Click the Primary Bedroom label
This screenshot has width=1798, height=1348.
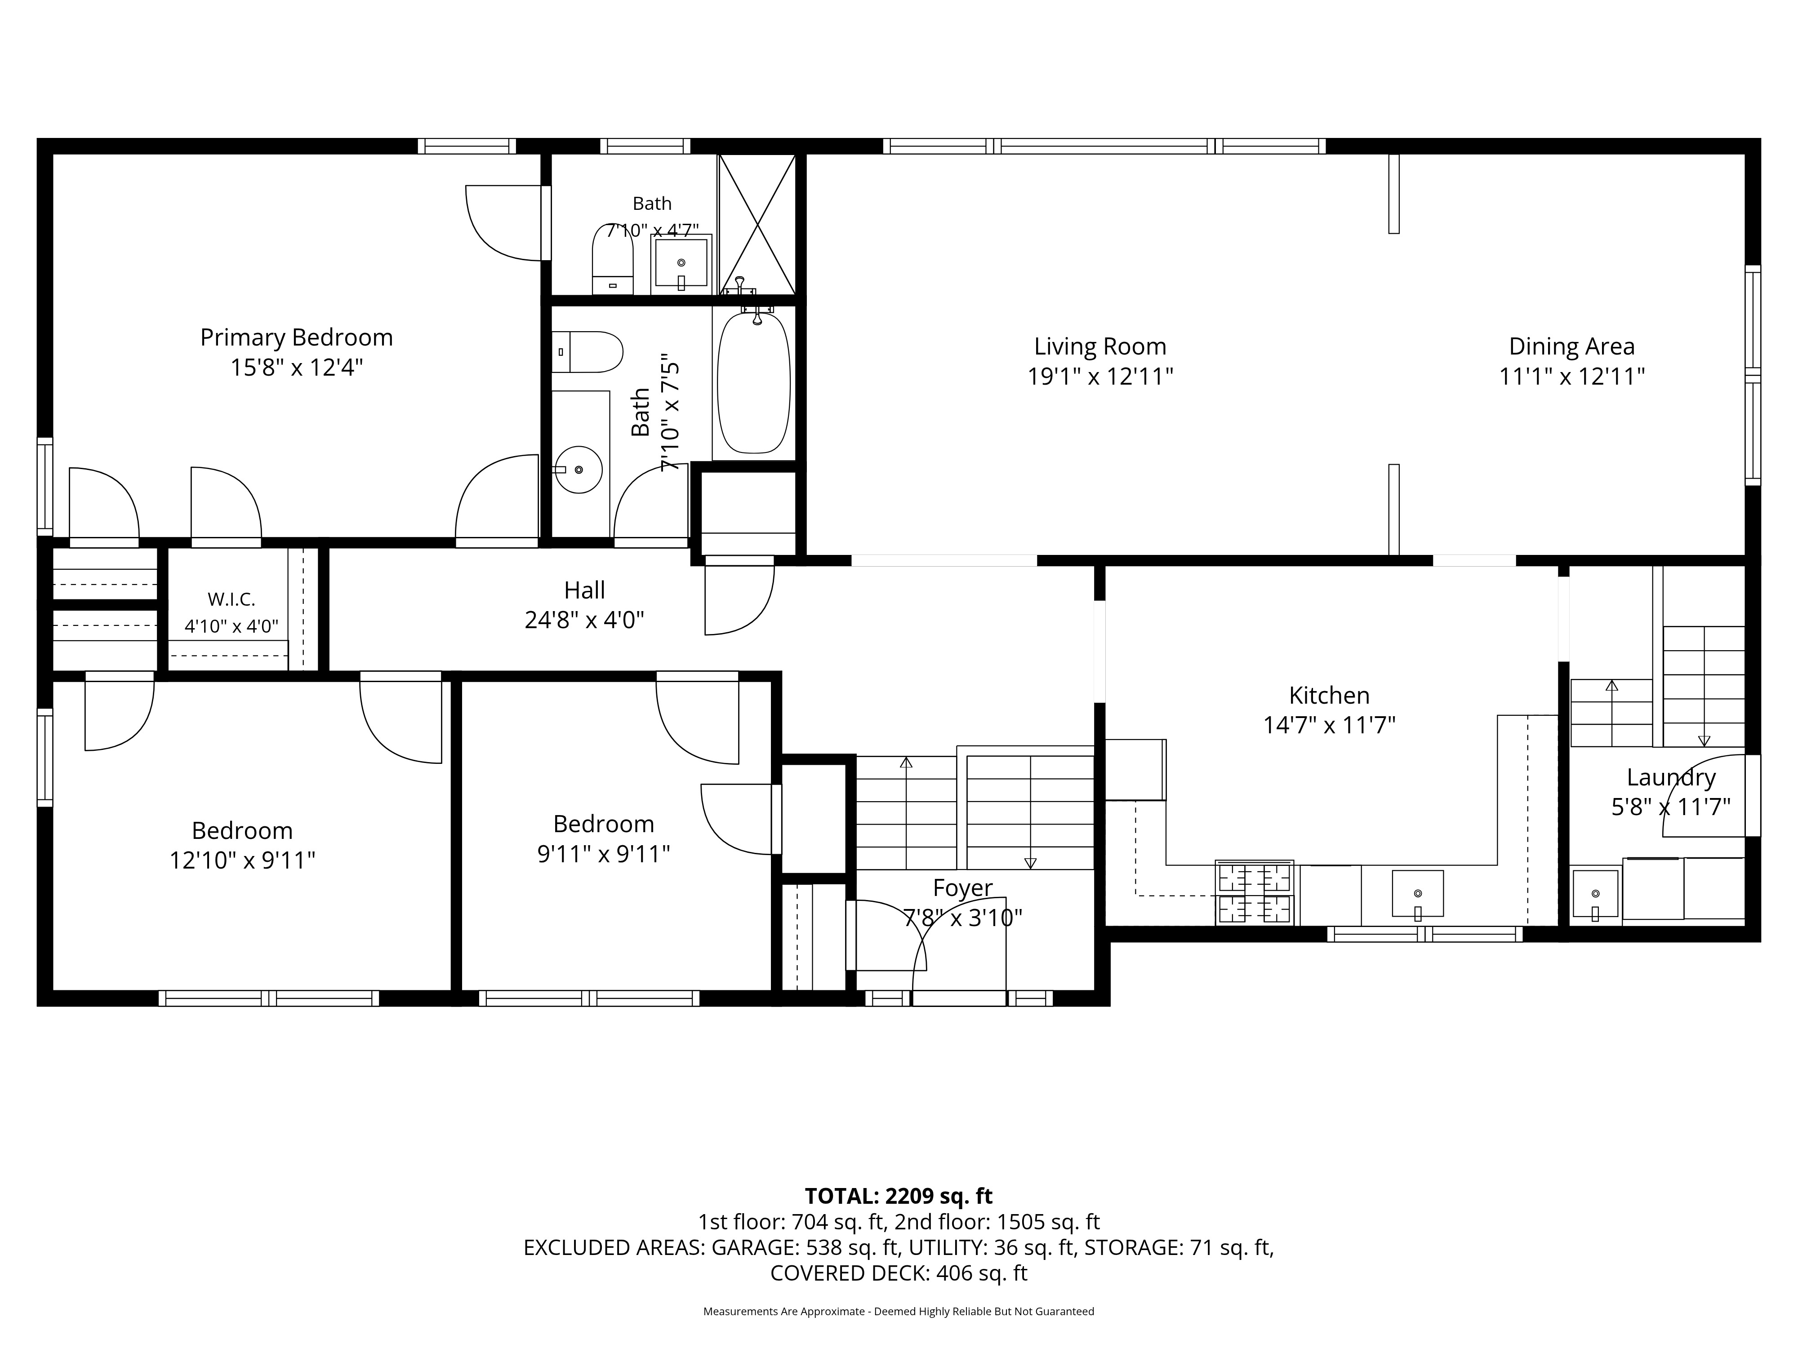tap(297, 337)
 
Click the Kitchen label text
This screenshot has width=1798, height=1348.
tap(1329, 696)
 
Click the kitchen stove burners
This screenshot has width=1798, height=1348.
tap(1254, 892)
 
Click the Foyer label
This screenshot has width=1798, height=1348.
tap(963, 888)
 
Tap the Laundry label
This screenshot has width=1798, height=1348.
tap(1671, 778)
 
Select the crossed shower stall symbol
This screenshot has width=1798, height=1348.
tap(757, 224)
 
